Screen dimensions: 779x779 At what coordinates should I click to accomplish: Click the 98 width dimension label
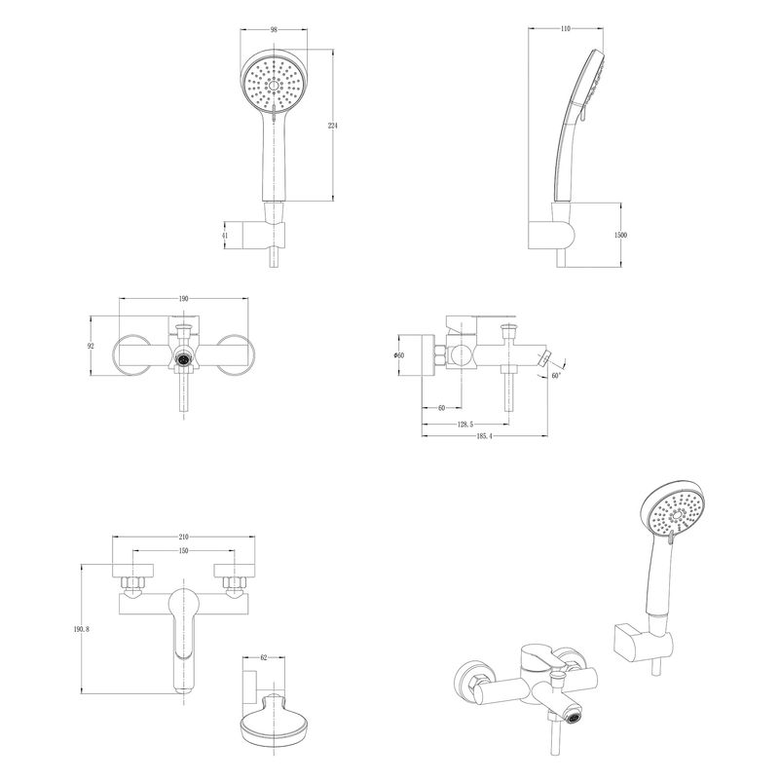pyautogui.click(x=274, y=30)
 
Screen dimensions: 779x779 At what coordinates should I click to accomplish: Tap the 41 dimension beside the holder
pyautogui.click(x=225, y=236)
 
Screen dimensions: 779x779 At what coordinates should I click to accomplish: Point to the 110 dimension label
pyautogui.click(x=566, y=29)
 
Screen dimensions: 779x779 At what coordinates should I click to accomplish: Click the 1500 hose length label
pyautogui.click(x=621, y=235)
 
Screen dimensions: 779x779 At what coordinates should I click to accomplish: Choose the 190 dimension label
pyautogui.click(x=183, y=299)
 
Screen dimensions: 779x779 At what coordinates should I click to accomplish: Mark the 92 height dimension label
pyautogui.click(x=91, y=346)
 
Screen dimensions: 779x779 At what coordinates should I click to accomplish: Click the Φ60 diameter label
pyautogui.click(x=398, y=355)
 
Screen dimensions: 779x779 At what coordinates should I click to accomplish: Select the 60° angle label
pyautogui.click(x=556, y=376)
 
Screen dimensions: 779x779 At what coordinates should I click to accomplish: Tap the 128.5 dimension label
pyautogui.click(x=465, y=425)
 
